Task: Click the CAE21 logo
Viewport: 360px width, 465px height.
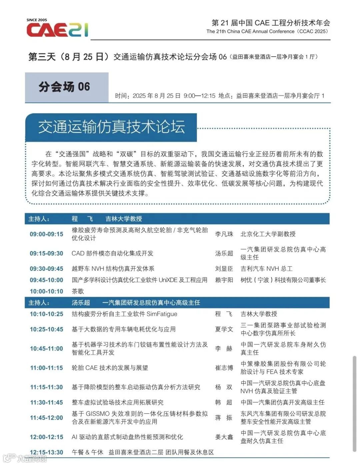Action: point(57,29)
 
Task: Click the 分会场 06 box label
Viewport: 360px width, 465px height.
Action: point(64,87)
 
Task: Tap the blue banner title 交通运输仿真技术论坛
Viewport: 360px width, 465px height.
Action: point(111,127)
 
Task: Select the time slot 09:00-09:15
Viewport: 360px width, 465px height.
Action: point(46,234)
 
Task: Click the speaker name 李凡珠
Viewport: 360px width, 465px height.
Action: point(224,234)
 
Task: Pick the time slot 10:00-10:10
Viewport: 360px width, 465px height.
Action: point(46,291)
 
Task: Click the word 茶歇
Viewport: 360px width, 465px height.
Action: point(78,291)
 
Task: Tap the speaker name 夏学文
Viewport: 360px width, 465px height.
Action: point(224,329)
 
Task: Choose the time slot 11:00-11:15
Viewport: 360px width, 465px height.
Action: point(46,368)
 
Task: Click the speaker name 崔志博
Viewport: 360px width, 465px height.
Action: point(224,368)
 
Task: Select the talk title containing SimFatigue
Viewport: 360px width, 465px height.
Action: point(125,314)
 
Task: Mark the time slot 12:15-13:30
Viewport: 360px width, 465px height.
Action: point(46,452)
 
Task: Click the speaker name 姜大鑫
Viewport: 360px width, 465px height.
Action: point(224,437)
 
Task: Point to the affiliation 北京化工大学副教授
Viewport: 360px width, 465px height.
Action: point(268,234)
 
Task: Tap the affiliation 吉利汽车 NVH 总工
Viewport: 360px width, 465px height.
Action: point(266,269)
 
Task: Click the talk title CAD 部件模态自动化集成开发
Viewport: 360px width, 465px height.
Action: point(113,253)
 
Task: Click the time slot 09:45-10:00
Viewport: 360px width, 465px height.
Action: point(46,280)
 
